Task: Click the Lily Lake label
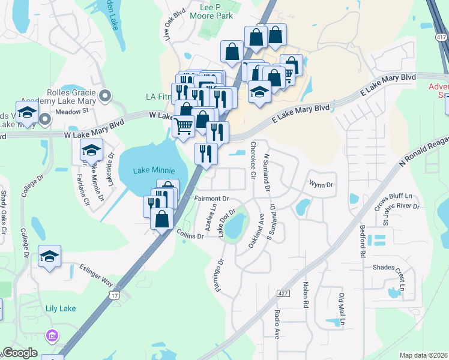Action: coord(61,308)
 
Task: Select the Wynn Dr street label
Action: coord(321,185)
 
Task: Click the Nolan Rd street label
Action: coord(306,295)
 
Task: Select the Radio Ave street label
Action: coord(277,325)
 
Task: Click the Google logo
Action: coord(20,353)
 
